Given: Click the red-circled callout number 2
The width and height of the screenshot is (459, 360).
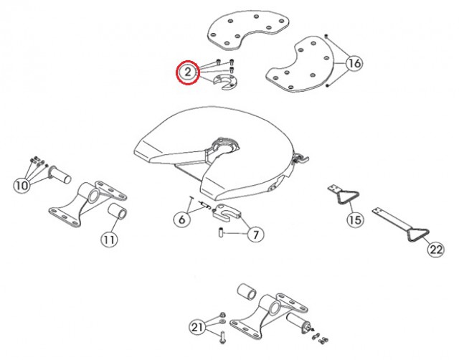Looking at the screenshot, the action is [188, 72].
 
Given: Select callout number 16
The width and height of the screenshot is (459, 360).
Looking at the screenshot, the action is [354, 63].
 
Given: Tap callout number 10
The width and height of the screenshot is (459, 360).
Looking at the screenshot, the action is [22, 185].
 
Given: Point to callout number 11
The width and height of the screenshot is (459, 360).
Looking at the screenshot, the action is [109, 240].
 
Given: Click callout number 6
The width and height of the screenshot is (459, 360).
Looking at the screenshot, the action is [181, 219].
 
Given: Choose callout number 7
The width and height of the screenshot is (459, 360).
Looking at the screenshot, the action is [255, 235].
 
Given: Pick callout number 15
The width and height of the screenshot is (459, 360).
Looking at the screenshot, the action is [356, 219].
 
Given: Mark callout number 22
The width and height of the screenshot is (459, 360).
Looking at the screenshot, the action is [436, 250].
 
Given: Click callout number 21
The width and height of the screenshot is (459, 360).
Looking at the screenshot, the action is [197, 327].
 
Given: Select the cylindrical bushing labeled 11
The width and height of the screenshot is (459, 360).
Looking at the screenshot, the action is [118, 212].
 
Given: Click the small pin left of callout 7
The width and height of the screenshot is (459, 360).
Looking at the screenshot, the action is [221, 232].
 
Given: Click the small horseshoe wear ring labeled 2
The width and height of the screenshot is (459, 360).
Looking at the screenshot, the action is [224, 82].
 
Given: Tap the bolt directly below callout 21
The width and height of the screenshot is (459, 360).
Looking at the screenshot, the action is [222, 338].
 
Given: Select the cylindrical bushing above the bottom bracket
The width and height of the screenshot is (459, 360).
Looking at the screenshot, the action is [247, 291].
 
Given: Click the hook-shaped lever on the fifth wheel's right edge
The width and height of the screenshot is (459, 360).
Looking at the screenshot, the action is [301, 158].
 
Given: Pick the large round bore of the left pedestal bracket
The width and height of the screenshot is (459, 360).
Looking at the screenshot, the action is [93, 194].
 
